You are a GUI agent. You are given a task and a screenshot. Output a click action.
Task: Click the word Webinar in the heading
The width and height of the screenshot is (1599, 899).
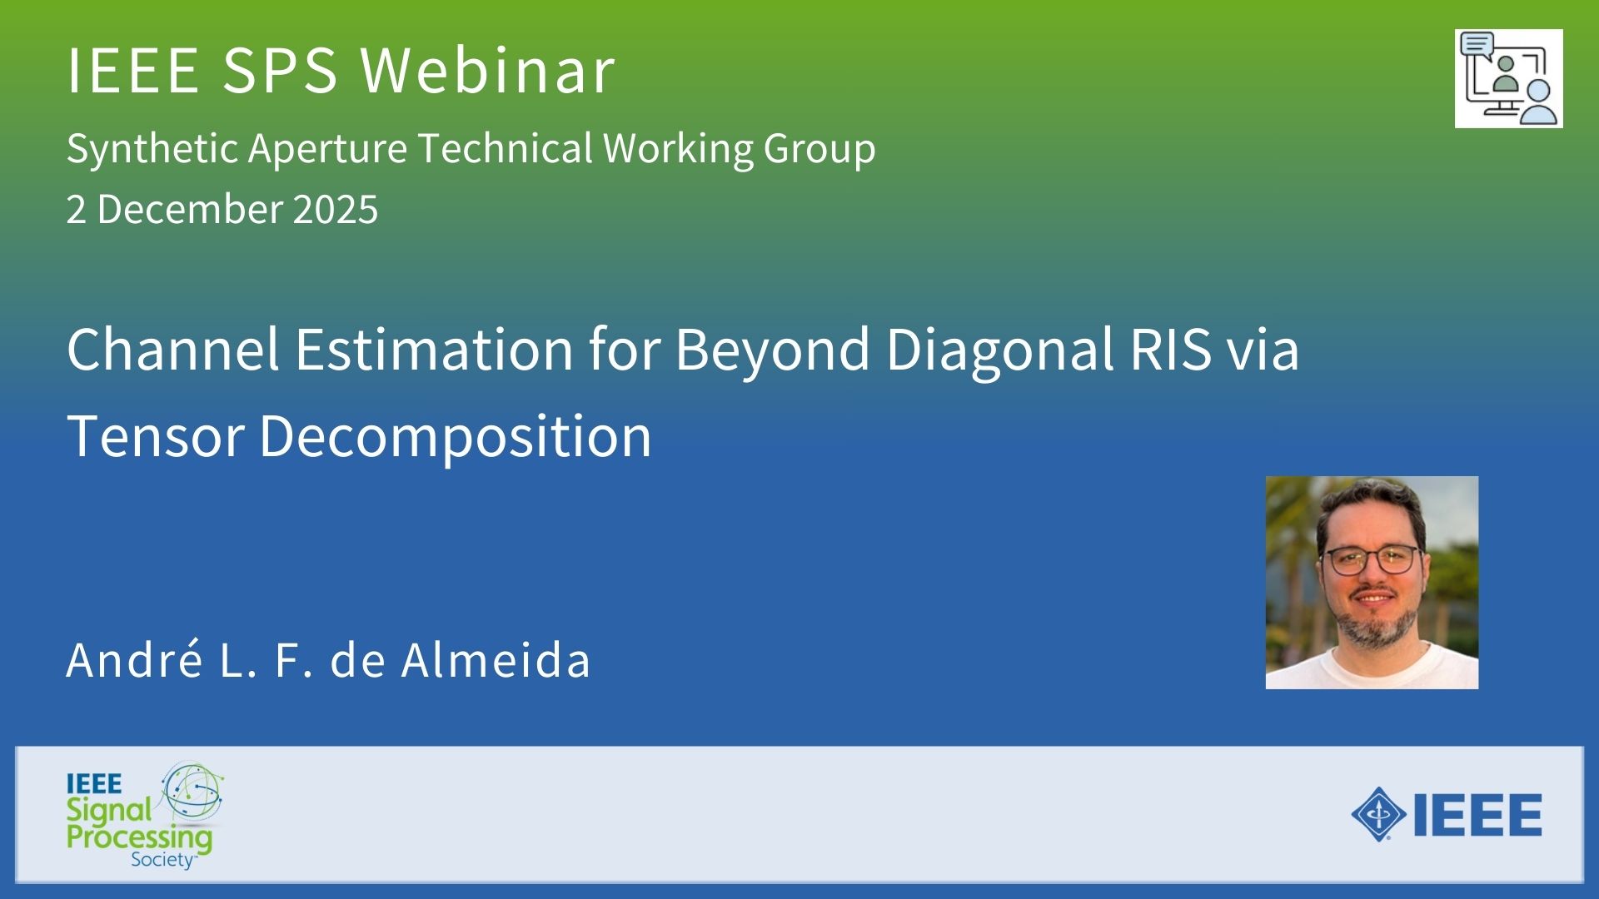tap(488, 70)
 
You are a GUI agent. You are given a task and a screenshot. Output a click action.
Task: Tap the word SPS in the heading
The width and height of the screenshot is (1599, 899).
tap(280, 70)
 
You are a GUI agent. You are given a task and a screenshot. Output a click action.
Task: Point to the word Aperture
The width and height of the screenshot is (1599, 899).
tap(327, 150)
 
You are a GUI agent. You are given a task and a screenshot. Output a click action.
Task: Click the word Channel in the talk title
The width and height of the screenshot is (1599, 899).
tap(173, 349)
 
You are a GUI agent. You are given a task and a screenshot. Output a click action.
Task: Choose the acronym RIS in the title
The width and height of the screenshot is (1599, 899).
tap(1170, 349)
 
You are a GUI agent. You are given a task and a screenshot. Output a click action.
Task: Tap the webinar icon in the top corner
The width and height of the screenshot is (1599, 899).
tap(1508, 79)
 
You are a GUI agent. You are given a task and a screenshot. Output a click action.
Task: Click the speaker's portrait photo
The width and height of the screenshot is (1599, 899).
tap(1372, 583)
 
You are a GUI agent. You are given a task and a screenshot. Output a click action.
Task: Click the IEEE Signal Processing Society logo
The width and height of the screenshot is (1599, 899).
tap(145, 816)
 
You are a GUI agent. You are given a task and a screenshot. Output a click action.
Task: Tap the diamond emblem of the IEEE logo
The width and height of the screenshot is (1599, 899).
tap(1379, 814)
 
